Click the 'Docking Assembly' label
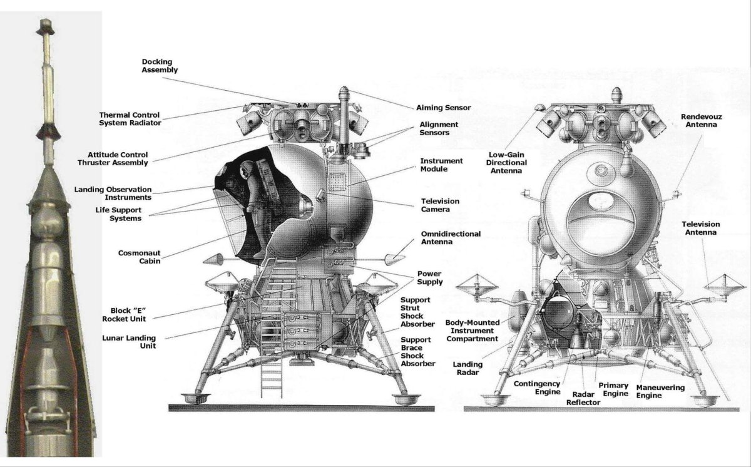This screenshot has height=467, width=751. tap(160, 66)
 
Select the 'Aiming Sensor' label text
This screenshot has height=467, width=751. tap(443, 108)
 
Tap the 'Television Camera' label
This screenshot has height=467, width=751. tap(440, 205)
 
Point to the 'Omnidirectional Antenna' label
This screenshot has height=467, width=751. tap(451, 238)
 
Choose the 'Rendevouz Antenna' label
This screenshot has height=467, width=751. tap(701, 121)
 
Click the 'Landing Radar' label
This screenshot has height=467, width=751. tap(467, 368)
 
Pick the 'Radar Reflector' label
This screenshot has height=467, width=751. tap(583, 398)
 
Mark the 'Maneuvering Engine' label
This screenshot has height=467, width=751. tap(660, 391)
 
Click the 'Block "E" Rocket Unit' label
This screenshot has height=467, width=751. tap(124, 315)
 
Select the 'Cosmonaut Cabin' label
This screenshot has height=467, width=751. tap(139, 257)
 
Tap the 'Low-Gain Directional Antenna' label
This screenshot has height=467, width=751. tap(506, 163)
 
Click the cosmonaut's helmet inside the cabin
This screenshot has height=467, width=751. tap(247, 168)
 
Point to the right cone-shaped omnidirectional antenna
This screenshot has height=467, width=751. tap(394, 259)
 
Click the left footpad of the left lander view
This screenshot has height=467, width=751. tap(196, 398)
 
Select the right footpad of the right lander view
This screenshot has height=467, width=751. tap(705, 400)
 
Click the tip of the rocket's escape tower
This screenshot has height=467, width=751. tap(46, 20)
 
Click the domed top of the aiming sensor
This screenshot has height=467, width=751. tap(344, 91)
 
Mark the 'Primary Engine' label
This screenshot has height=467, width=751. tap(613, 389)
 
